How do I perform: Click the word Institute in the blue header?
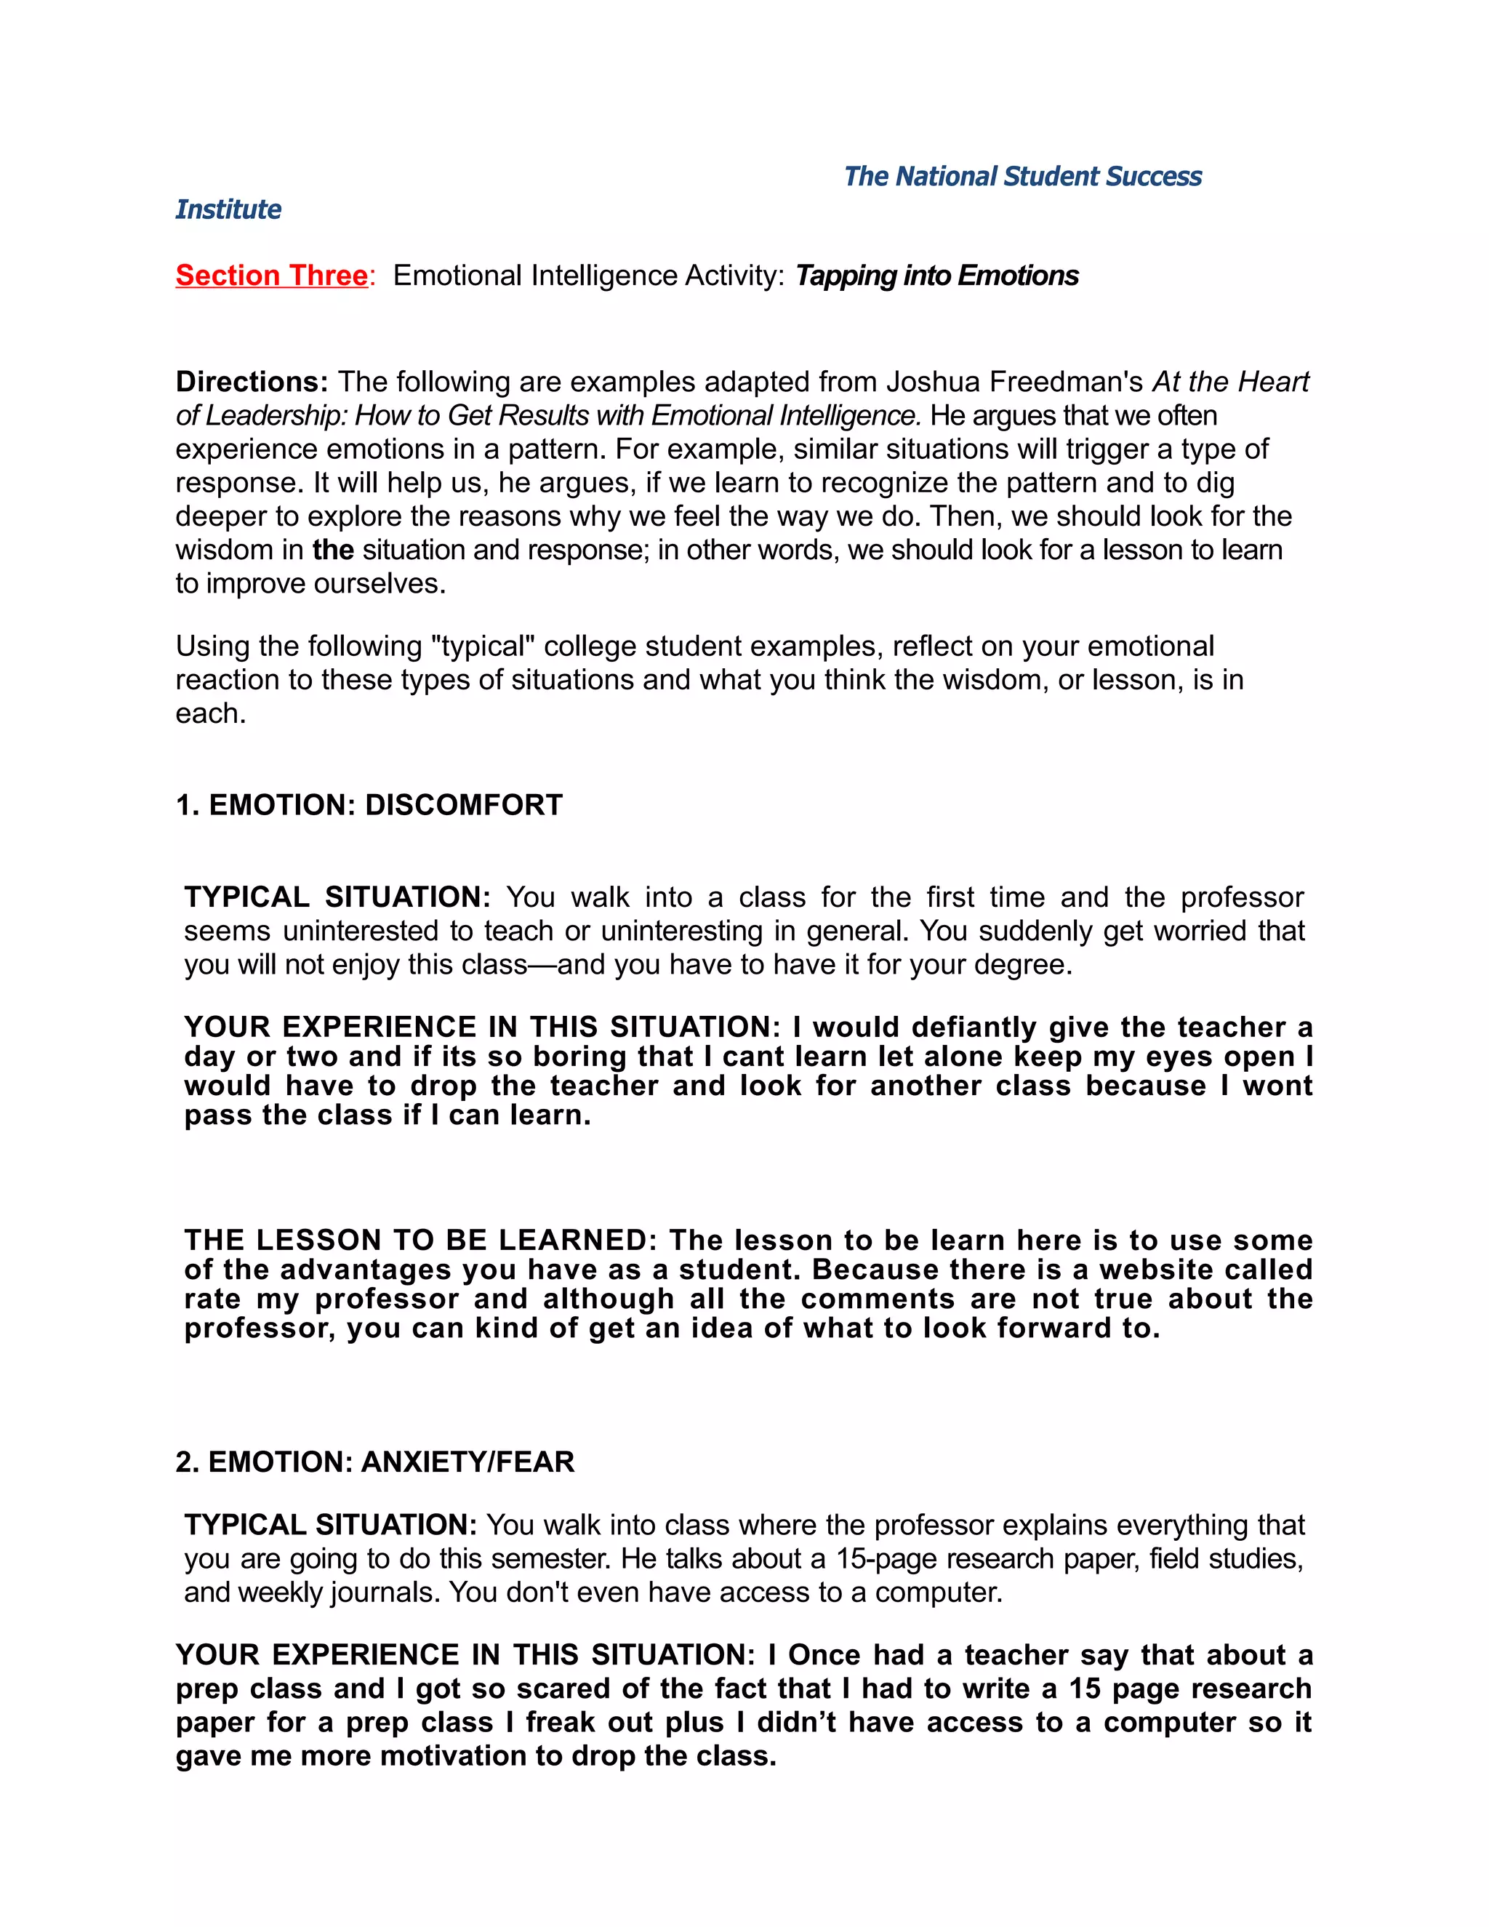pos(228,209)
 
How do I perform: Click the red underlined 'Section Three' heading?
pos(270,276)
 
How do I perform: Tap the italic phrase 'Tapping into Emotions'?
pos(936,276)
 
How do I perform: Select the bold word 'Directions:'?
pos(252,381)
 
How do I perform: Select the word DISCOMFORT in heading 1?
pos(463,805)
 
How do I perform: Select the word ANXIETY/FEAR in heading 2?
pos(467,1462)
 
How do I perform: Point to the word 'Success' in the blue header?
pos(1153,177)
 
